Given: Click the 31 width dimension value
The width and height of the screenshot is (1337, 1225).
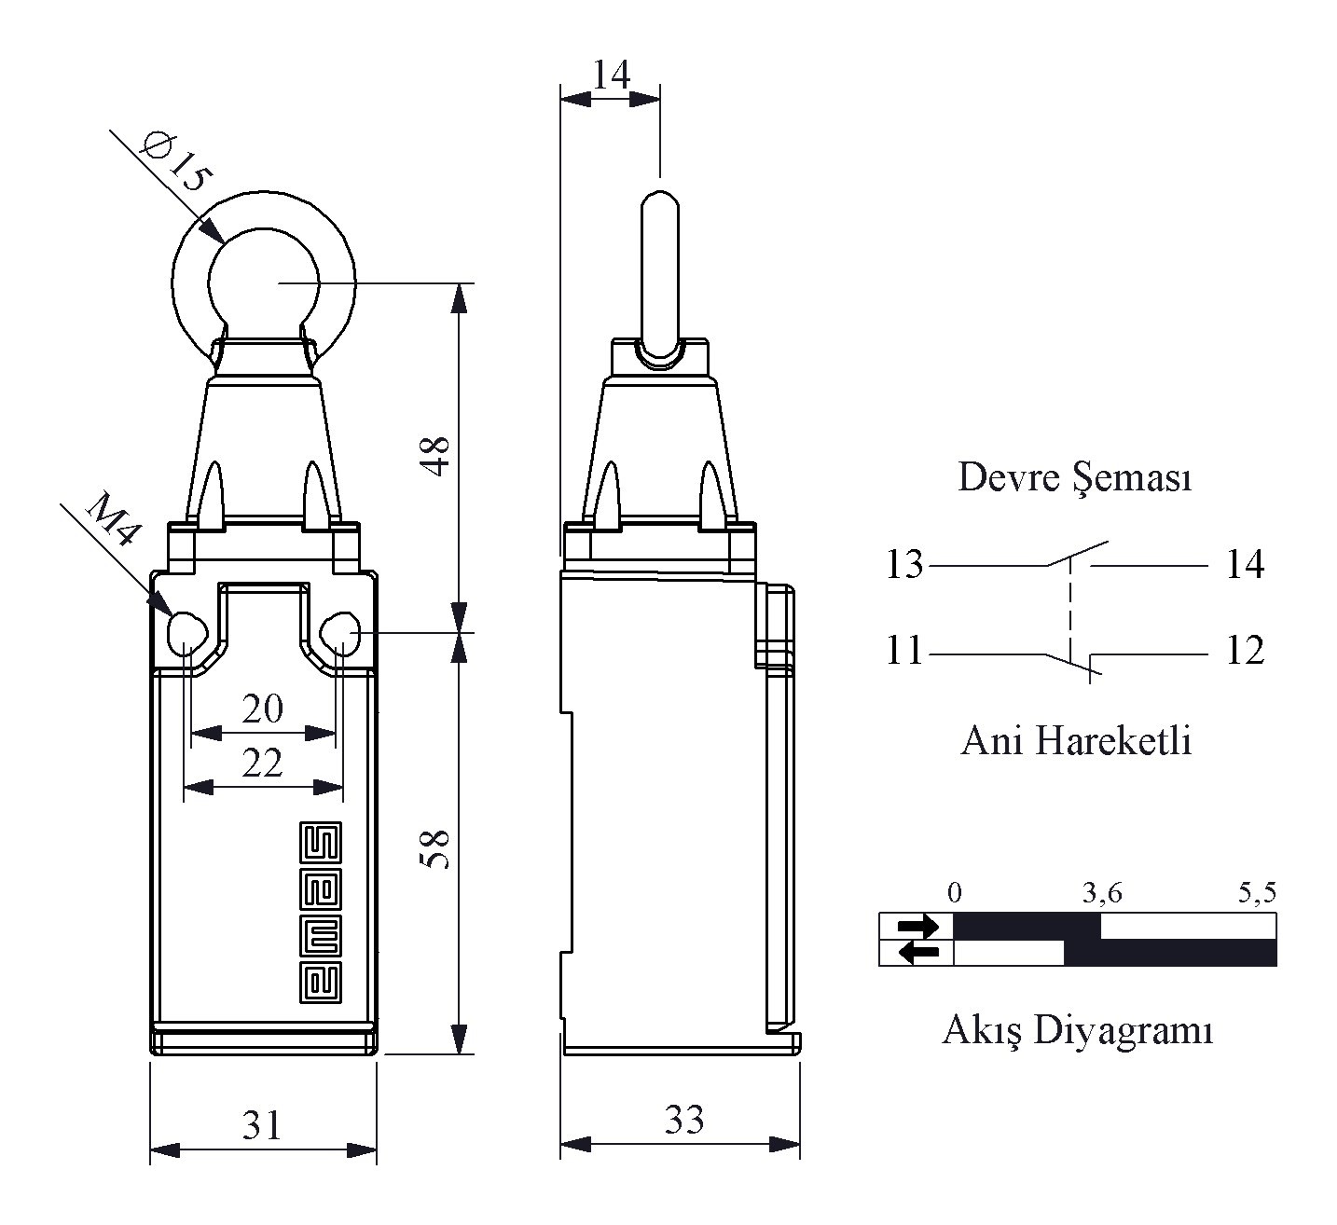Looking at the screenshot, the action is coord(262,1125).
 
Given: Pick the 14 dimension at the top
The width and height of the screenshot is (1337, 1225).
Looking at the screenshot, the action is coord(612,75).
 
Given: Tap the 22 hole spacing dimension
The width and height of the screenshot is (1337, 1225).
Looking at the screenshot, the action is coord(263,763).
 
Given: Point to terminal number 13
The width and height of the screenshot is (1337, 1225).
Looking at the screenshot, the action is coord(904,564).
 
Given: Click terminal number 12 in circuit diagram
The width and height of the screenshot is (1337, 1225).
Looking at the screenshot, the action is coord(1245,650).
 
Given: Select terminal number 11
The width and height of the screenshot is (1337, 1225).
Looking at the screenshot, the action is coord(904,650).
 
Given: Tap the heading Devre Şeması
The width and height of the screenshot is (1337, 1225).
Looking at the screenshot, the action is coord(1074,478).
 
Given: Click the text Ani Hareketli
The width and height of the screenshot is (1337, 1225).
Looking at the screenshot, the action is coord(1076,740).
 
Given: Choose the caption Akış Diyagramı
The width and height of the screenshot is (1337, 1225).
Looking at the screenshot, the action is coord(1078,1030).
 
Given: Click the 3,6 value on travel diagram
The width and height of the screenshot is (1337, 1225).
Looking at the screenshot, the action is coord(1102,892).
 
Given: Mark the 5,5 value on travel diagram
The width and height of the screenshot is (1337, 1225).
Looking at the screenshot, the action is coord(1258,892).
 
